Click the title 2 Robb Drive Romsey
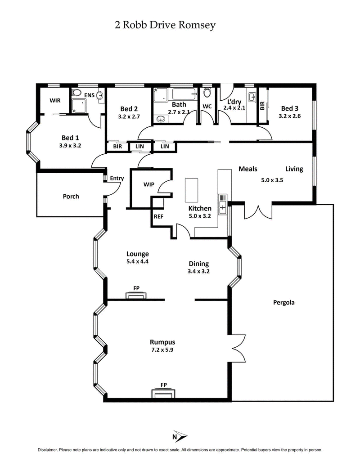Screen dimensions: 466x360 tap(165, 25)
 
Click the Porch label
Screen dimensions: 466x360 tap(71, 197)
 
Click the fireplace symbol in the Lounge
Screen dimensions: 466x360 tap(136, 295)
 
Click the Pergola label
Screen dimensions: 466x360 tap(283, 302)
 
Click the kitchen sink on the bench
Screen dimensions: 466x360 tap(222, 204)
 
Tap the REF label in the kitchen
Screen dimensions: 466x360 tap(158, 216)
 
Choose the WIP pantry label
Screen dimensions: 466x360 tap(149, 185)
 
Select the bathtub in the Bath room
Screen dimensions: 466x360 tap(184, 95)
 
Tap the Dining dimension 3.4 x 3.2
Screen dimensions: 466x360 tap(198, 271)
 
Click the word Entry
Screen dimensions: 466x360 tap(117, 179)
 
